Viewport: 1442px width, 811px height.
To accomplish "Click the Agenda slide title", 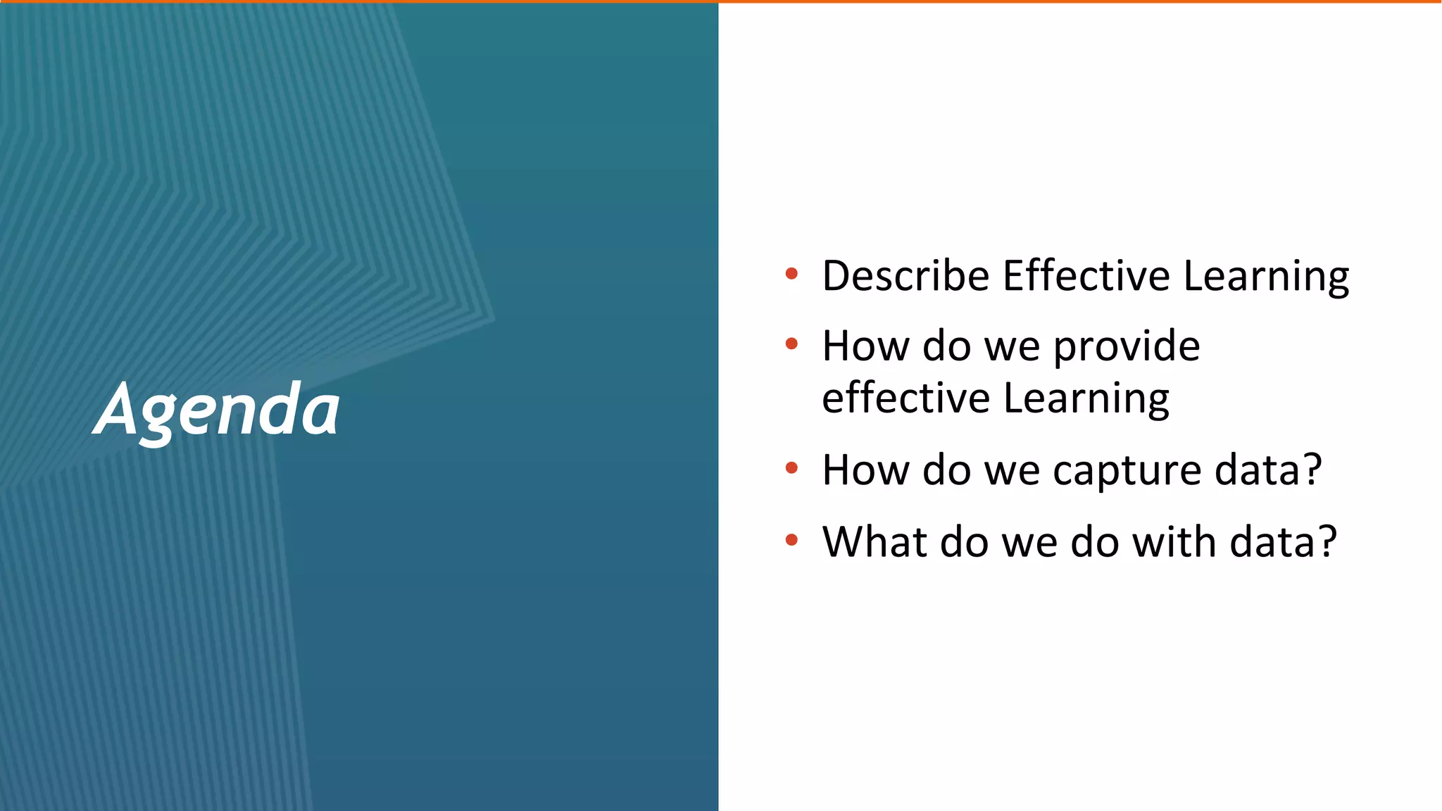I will pyautogui.click(x=217, y=410).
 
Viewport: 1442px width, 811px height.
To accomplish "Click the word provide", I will pyautogui.click(x=1127, y=347).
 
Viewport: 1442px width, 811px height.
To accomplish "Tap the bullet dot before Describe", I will pyautogui.click(x=791, y=274).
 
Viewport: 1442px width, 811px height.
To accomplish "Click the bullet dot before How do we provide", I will pyautogui.click(x=791, y=344).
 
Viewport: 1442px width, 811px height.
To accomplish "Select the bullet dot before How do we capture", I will pyautogui.click(x=791, y=468).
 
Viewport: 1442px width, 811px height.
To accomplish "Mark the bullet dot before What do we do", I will pyautogui.click(x=791, y=540).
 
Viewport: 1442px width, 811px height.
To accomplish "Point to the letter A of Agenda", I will pyautogui.click(x=116, y=410).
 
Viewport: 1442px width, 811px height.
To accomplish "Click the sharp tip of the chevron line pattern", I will pyautogui.click(x=494, y=319).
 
